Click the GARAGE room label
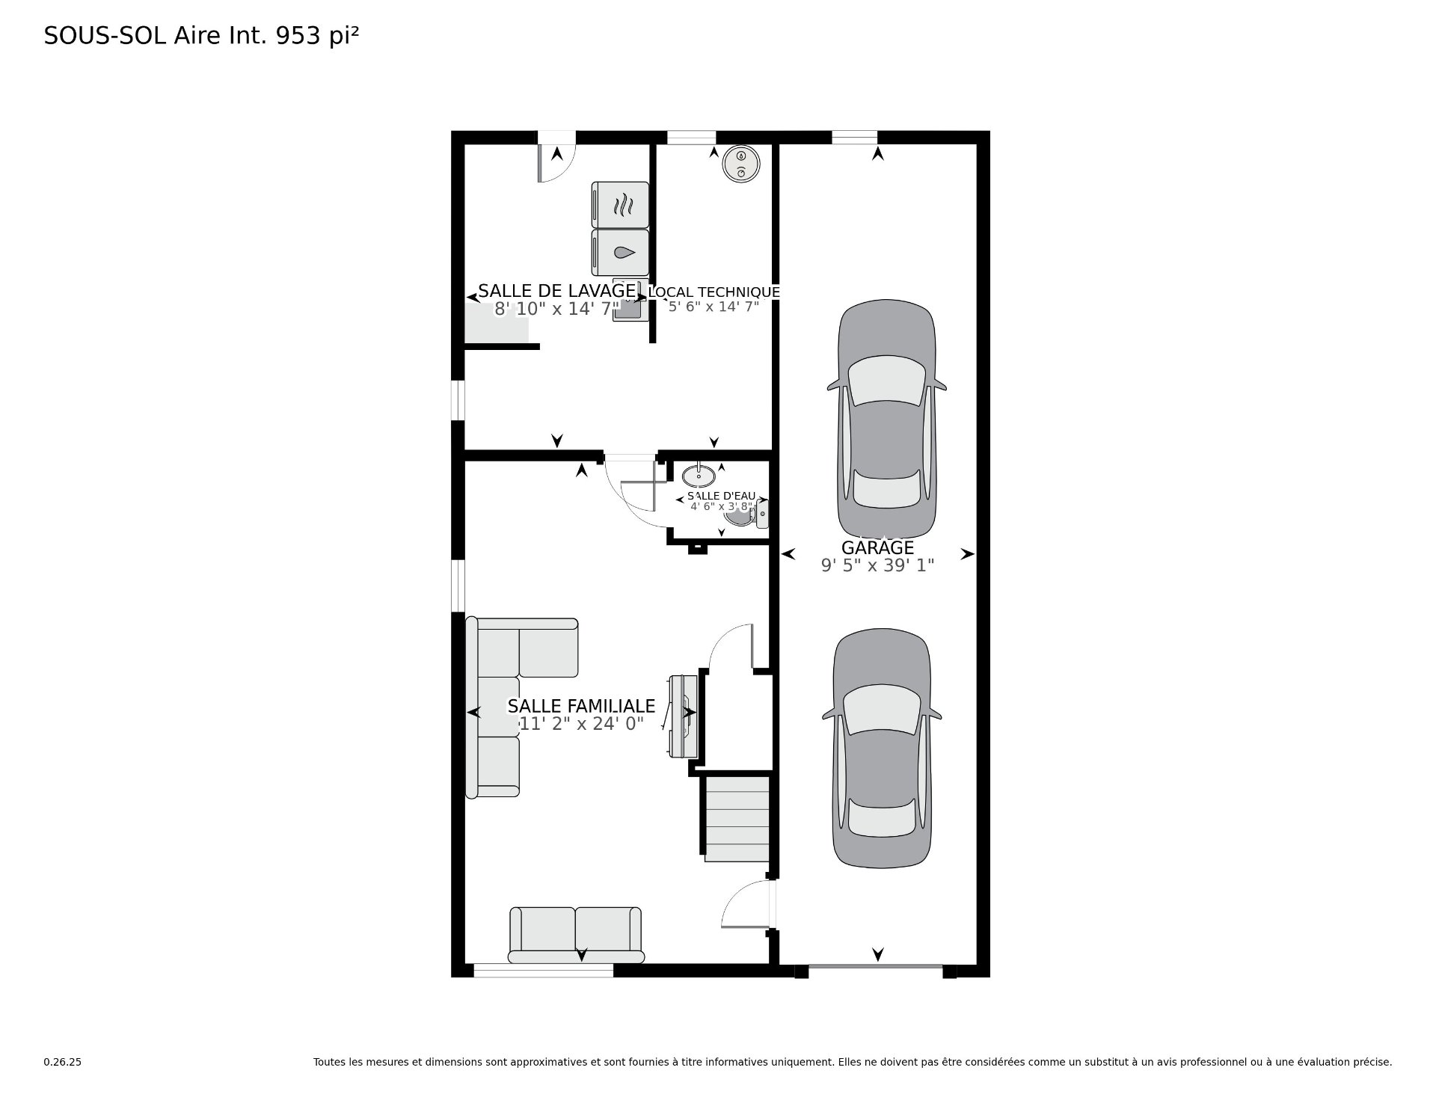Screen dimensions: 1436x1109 pos(877,547)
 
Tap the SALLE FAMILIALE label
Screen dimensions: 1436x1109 pos(581,706)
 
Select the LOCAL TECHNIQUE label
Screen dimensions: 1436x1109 pos(714,292)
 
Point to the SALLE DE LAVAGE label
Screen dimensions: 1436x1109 pos(556,291)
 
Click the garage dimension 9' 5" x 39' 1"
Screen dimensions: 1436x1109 pos(878,565)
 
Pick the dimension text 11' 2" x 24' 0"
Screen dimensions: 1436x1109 pos(581,724)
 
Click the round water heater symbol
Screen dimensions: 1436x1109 pos(741,164)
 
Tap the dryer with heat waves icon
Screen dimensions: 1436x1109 pos(620,204)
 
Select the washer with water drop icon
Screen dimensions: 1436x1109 pos(620,252)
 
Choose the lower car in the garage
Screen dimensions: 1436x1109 pos(882,748)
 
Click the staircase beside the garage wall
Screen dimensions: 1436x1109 pos(737,820)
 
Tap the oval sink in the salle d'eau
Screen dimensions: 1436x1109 pos(699,474)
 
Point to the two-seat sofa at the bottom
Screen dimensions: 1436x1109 pos(575,935)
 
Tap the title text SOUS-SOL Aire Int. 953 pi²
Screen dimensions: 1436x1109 pos(202,36)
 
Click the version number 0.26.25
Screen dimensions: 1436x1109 pos(62,1062)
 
